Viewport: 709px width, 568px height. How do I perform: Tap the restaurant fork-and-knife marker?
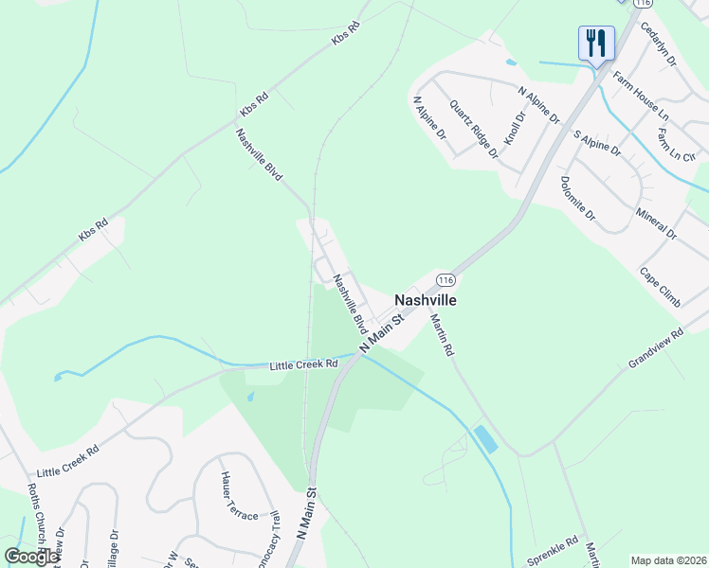pos(596,44)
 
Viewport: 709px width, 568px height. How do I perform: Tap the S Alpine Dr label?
pos(597,143)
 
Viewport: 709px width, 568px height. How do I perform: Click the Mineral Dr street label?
pos(657,221)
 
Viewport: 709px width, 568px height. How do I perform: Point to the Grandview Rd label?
pos(655,349)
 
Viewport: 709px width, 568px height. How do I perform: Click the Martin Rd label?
pos(443,335)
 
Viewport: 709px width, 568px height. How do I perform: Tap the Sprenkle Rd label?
pos(553,545)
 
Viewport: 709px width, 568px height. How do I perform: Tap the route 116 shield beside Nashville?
pos(446,280)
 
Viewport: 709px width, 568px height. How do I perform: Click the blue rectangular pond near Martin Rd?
pos(484,439)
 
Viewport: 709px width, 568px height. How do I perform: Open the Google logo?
pos(31,557)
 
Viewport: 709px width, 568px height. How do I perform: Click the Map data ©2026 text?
pos(667,560)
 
